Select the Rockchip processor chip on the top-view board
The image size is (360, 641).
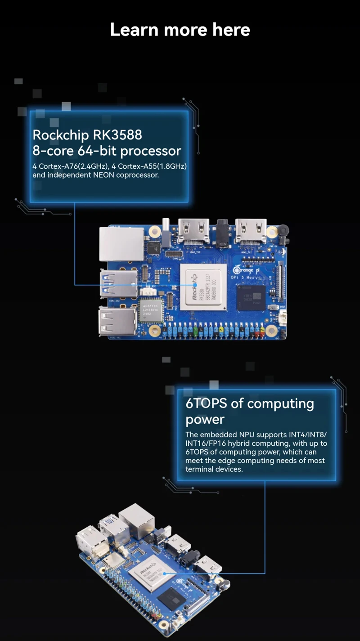(203, 287)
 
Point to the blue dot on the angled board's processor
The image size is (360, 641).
(164, 573)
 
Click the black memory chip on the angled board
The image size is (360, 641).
(172, 597)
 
